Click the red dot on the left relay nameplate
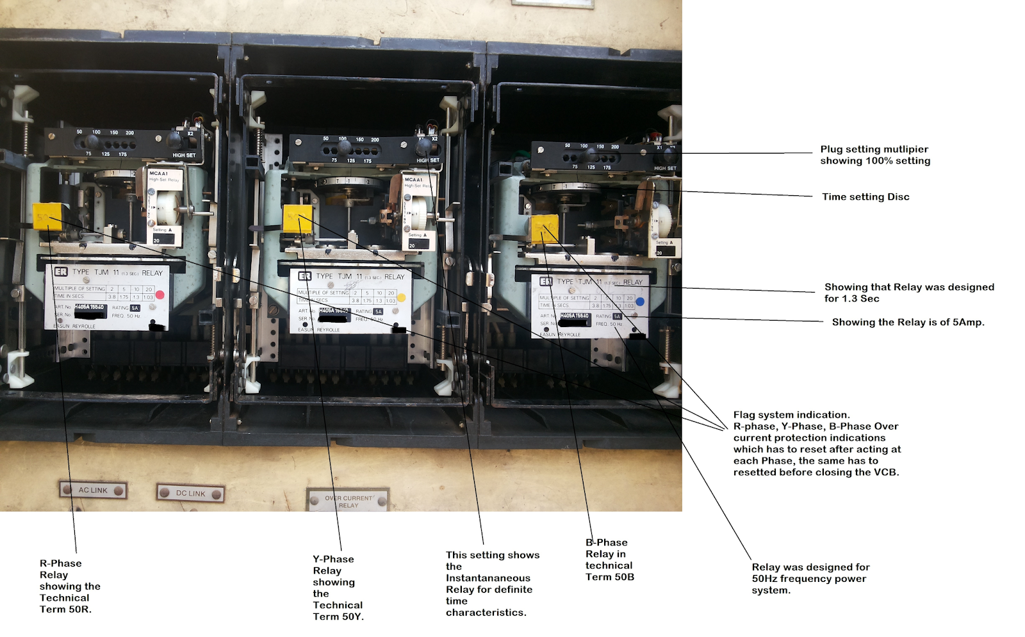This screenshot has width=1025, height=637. (x=160, y=295)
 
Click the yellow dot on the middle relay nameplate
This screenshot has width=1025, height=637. (x=401, y=298)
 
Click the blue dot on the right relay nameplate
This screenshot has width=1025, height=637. (x=640, y=302)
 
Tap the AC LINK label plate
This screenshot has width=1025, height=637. (x=93, y=490)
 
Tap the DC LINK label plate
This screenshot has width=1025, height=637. (x=190, y=493)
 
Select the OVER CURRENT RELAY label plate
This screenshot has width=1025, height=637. (x=348, y=501)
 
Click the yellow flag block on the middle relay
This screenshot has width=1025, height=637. (x=297, y=218)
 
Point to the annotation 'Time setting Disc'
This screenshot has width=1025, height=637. (x=865, y=197)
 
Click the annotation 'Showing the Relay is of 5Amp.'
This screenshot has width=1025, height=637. (x=908, y=322)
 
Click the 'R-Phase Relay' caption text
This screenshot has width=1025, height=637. (x=60, y=569)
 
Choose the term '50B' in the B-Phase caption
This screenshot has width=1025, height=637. (x=623, y=577)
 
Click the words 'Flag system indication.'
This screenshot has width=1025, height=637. (x=791, y=415)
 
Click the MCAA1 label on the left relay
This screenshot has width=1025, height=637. (x=158, y=173)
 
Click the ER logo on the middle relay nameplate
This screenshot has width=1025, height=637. (x=304, y=276)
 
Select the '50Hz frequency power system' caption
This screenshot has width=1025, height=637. (x=810, y=579)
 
